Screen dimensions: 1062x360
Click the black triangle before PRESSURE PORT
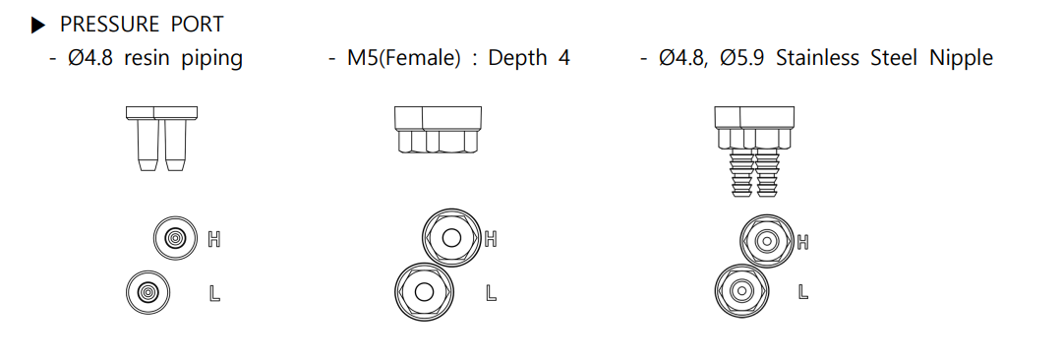pos(38,26)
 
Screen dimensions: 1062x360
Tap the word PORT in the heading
pos(197,25)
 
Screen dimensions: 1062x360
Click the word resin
pos(147,58)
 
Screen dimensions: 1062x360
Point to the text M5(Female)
pos(403,58)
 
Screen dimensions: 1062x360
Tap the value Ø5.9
pos(742,58)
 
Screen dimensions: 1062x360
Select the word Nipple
pos(961,58)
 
